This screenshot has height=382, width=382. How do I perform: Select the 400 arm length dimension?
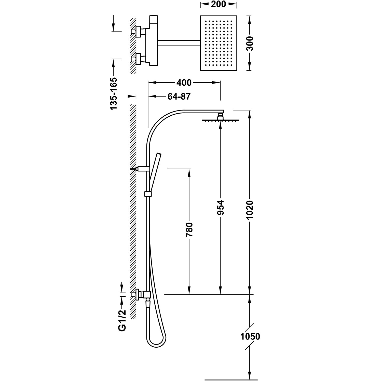[x=184, y=83]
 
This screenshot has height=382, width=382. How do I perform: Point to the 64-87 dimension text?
[x=179, y=97]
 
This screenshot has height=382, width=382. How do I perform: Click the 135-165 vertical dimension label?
[x=113, y=93]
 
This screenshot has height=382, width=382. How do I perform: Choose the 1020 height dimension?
[x=250, y=210]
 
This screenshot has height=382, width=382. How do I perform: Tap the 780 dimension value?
[x=189, y=230]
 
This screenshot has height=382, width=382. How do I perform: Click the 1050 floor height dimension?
[x=250, y=337]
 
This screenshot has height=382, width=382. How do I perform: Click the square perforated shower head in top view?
[x=219, y=43]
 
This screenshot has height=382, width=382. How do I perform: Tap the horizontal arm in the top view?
[x=178, y=43]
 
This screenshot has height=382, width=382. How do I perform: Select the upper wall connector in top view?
[x=139, y=32]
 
